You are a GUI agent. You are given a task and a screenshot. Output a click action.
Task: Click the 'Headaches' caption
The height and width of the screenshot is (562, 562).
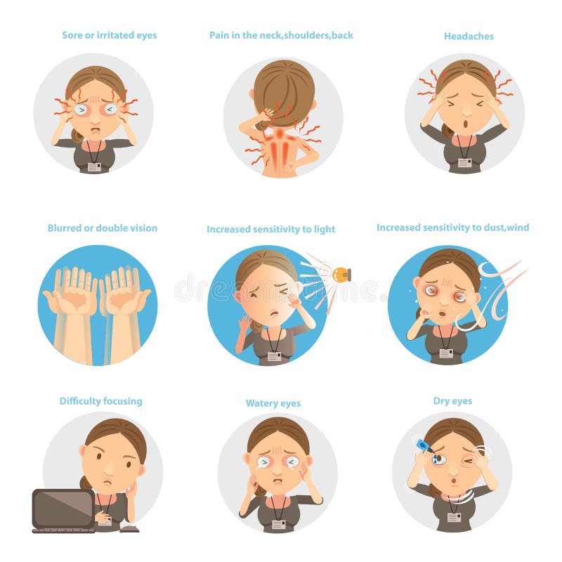(469, 35)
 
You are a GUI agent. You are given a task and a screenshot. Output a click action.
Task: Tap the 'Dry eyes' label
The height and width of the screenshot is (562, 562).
(452, 401)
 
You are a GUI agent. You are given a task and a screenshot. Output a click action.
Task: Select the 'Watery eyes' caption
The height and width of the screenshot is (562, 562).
(273, 403)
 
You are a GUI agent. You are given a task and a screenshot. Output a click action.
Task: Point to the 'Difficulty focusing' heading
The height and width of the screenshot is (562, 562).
(100, 401)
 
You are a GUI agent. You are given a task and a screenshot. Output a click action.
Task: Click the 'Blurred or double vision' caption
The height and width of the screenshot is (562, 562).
(103, 228)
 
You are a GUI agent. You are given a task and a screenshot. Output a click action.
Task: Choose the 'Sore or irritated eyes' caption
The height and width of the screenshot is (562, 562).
(109, 35)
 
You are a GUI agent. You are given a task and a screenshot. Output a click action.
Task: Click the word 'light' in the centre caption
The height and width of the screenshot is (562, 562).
(323, 229)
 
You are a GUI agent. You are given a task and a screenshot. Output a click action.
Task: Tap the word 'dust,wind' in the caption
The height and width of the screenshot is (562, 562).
(505, 228)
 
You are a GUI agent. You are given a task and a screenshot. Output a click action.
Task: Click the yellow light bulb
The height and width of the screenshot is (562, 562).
(342, 275)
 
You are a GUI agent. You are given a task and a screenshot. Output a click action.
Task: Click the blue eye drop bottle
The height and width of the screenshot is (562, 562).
(421, 445)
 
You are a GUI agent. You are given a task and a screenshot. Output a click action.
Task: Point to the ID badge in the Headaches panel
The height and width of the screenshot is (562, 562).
(464, 162)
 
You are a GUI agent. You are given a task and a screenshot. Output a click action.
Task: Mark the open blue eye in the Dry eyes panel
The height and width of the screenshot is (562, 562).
(439, 459)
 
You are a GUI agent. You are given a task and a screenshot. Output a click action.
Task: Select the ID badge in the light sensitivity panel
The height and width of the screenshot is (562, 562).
(274, 356)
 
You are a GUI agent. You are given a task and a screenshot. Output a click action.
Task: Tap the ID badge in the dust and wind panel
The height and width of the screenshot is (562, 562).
(446, 353)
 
